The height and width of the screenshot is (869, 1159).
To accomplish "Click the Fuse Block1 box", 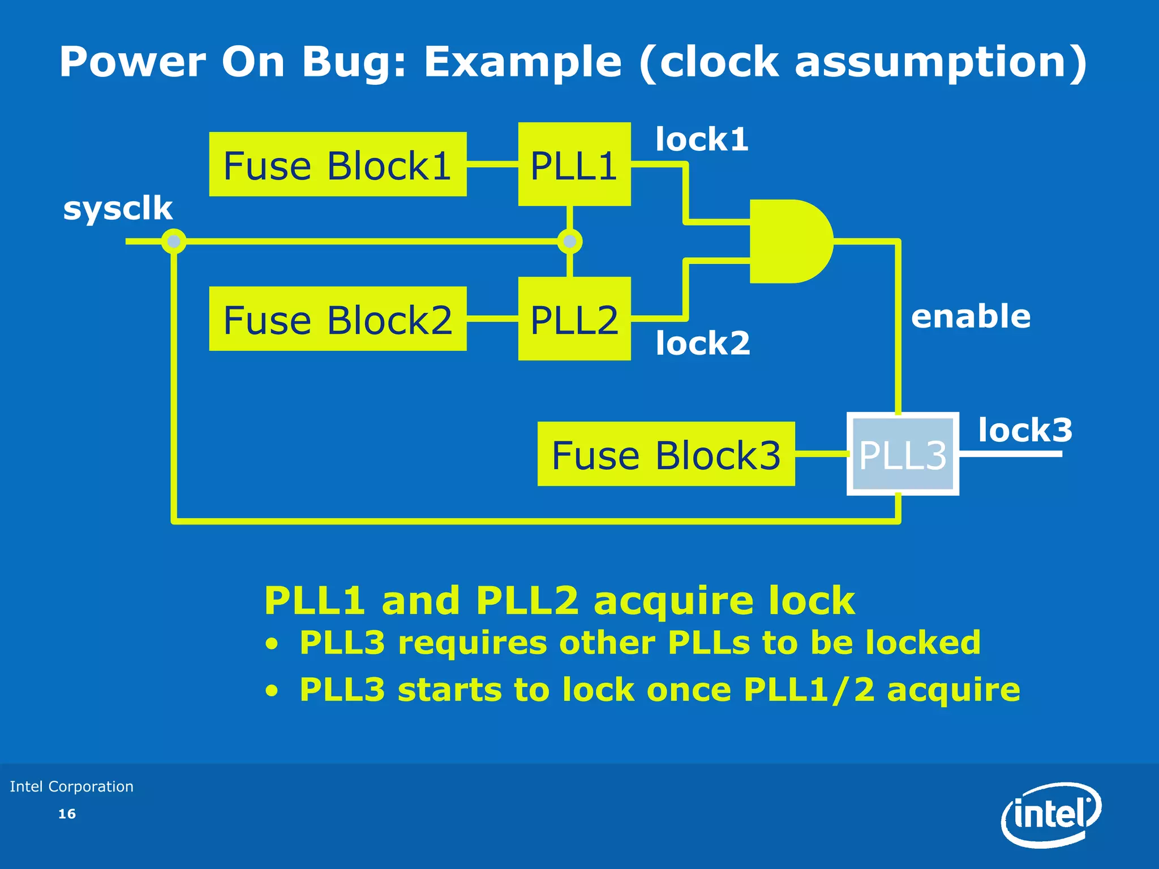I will (337, 165).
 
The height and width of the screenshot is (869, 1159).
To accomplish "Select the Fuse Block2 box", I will (337, 319).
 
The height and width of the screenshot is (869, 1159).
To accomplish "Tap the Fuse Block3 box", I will (666, 454).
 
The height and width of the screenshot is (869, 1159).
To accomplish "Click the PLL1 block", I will (574, 164).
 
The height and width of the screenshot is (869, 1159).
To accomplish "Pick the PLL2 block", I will (574, 319).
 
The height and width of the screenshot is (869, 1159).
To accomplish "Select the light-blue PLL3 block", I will (902, 454).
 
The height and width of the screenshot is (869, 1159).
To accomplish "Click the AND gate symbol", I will (789, 241).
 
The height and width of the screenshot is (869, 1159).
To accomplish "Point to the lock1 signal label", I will (702, 139).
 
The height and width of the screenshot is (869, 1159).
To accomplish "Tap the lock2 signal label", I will (703, 343).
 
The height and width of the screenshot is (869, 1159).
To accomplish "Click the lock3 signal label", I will (1025, 430).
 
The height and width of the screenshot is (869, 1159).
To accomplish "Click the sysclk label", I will (118, 208).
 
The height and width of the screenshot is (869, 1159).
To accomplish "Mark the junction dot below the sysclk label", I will (174, 242).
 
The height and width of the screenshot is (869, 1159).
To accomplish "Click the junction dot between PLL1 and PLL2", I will (569, 242).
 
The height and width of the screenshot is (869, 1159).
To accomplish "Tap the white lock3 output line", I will (1010, 454).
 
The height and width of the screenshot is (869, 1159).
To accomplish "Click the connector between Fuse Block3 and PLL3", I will (821, 454).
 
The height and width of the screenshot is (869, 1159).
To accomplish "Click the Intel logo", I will (1051, 815).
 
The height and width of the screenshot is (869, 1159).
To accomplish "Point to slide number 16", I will (67, 814).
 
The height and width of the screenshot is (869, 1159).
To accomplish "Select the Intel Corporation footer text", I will (72, 786).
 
